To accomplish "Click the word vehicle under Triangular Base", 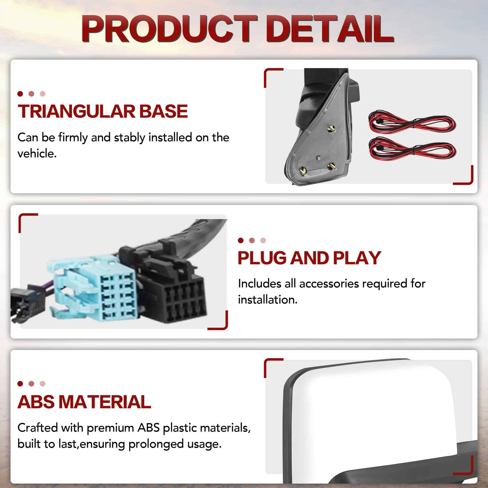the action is click(37, 153).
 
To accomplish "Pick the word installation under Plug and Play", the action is click(267, 300).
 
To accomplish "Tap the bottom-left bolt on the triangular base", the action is click(303, 172).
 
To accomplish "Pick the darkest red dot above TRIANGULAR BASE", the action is click(20, 94).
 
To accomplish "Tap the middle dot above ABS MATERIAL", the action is click(31, 384).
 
